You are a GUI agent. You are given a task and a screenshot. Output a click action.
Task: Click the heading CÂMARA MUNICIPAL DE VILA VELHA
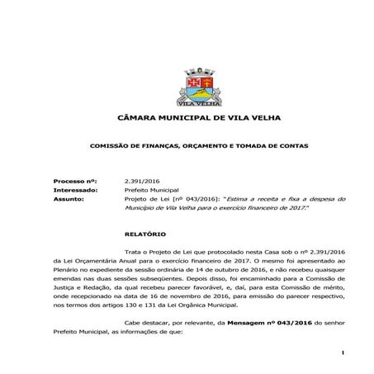coord(187,119)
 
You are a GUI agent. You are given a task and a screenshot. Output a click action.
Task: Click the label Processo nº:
coord(74,179)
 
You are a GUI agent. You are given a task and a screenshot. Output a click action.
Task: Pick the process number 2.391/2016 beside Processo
coord(141,179)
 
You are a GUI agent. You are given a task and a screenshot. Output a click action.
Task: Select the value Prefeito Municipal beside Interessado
coord(153,189)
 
